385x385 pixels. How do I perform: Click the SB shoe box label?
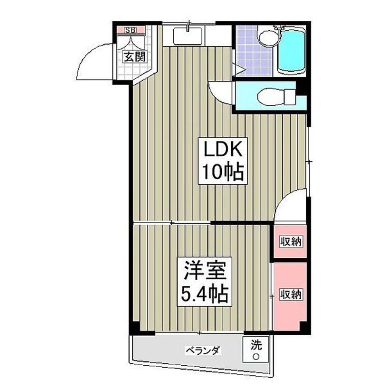[130, 30]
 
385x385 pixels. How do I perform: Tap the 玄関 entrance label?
[135, 57]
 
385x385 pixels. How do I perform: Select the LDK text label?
[223, 150]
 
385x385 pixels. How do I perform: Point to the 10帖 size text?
[223, 172]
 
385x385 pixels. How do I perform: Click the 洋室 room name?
[205, 270]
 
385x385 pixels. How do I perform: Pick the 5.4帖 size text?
[205, 294]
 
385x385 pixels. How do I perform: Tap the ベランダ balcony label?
[203, 350]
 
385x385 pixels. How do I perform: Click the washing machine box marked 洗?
[256, 349]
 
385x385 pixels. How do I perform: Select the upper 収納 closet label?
[291, 242]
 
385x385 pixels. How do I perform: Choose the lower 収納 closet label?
[291, 294]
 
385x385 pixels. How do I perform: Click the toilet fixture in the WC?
[275, 95]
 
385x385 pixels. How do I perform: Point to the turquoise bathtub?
[292, 51]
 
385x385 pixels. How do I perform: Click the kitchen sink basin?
[188, 36]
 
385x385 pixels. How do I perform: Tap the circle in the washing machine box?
[256, 356]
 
